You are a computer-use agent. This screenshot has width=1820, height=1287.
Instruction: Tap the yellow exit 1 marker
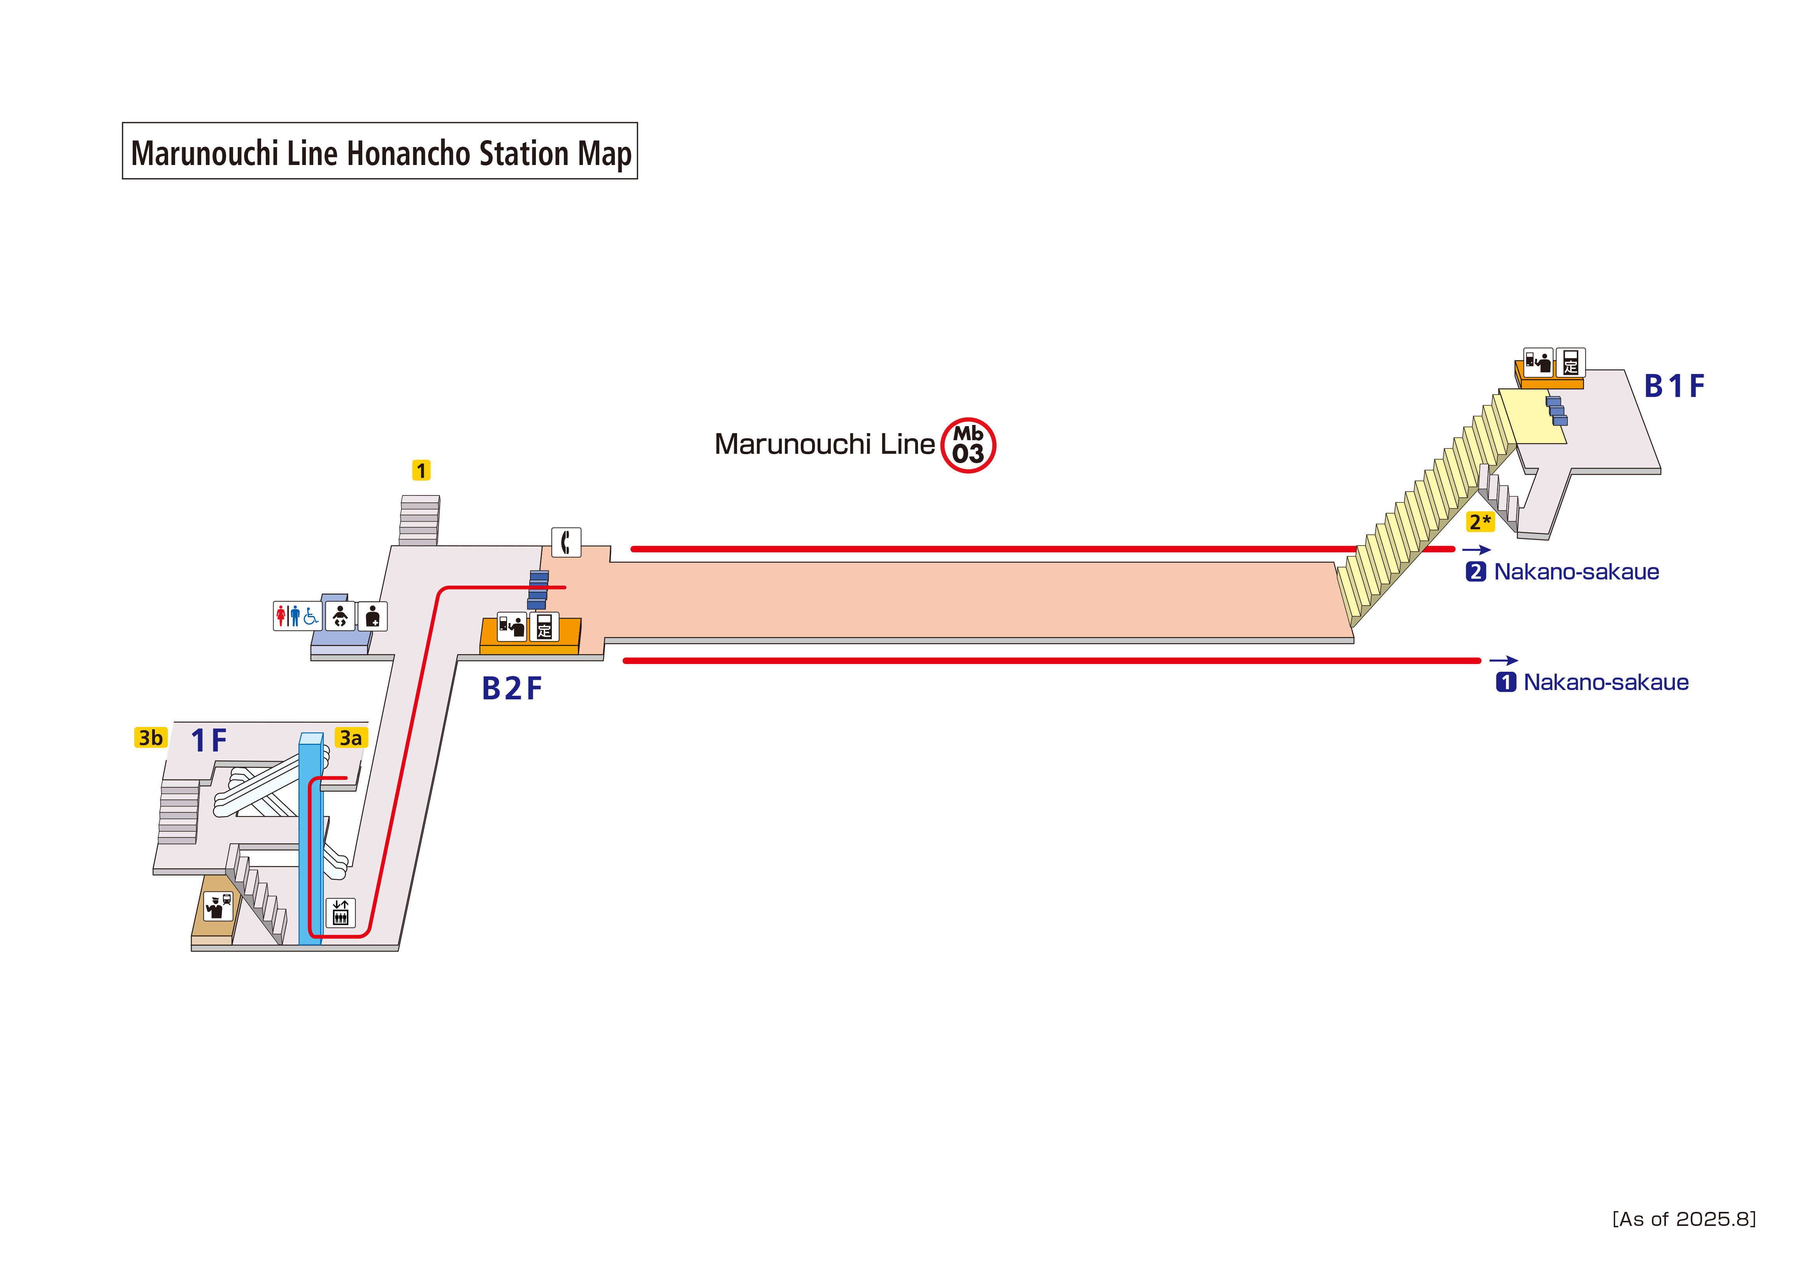pos(421,470)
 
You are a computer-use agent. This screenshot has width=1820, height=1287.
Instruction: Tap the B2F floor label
pos(511,688)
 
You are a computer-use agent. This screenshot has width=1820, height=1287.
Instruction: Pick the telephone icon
pos(566,543)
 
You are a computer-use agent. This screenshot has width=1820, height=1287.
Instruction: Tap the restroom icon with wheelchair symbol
pos(297,616)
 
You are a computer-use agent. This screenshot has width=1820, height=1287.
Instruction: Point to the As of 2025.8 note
pos(1684,1219)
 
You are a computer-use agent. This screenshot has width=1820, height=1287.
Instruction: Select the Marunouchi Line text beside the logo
pos(825,444)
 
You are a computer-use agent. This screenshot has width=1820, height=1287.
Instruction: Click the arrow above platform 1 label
pos(1503,660)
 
